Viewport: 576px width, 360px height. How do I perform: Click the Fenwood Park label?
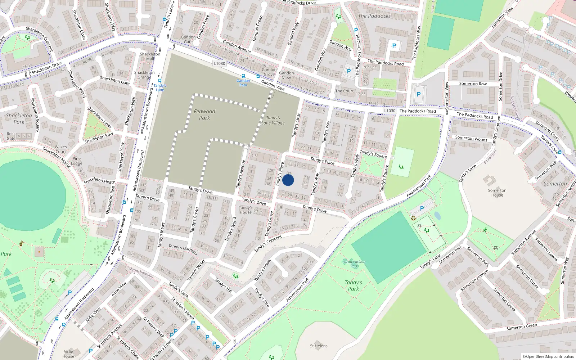(x=204, y=114)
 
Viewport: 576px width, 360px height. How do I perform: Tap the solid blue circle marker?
(x=288, y=180)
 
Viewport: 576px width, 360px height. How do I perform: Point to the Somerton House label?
(x=497, y=193)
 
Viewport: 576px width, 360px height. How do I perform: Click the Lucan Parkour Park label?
(x=354, y=264)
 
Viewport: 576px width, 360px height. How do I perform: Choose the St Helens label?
(x=319, y=346)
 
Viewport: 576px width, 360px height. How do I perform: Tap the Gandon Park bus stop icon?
(x=243, y=76)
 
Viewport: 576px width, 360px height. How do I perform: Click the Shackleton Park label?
(x=19, y=119)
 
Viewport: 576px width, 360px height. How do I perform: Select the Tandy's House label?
(x=246, y=210)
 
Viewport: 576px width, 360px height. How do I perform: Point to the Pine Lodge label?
(x=77, y=161)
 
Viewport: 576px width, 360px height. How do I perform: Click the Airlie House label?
(x=68, y=354)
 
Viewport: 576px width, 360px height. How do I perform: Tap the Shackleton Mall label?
(x=150, y=57)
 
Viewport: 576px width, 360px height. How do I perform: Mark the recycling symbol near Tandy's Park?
(x=413, y=218)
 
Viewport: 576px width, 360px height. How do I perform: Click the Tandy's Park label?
(x=354, y=285)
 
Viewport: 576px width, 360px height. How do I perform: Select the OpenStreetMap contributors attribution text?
(x=548, y=357)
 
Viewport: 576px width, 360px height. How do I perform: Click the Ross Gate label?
(x=11, y=136)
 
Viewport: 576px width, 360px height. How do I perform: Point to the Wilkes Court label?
(x=61, y=149)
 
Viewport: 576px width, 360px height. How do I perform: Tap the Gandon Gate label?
(x=188, y=39)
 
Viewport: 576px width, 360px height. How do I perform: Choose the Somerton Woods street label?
(x=471, y=138)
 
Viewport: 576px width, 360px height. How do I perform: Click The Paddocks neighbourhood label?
(x=374, y=16)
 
